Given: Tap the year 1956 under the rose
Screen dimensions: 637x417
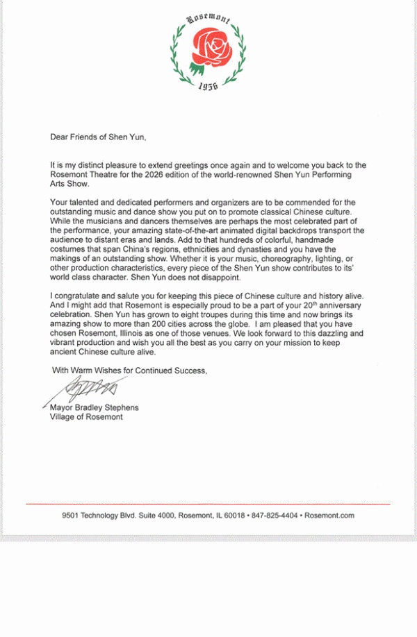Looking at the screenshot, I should (x=208, y=85).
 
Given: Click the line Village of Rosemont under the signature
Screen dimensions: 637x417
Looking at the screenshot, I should (x=86, y=417).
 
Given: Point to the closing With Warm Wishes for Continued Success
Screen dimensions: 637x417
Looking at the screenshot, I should (x=129, y=371).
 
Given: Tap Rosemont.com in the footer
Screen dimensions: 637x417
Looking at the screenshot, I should (x=330, y=516).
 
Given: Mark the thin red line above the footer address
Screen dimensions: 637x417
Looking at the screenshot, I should (x=208, y=503).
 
